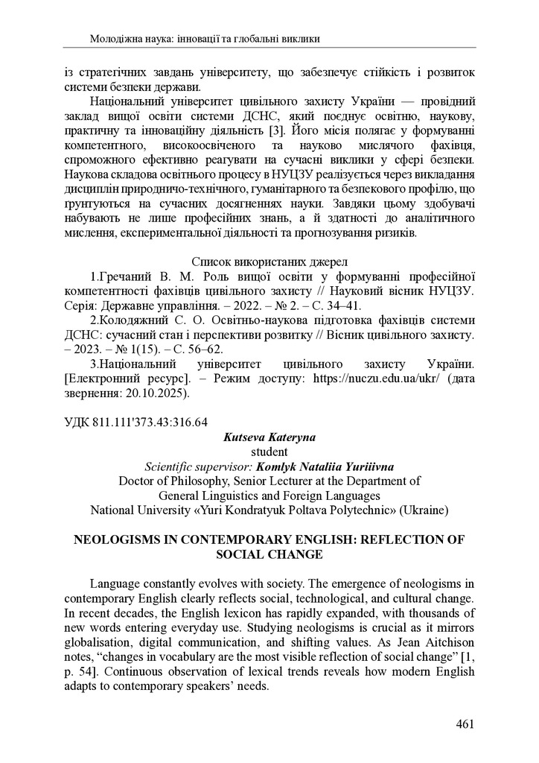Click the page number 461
click(x=465, y=724)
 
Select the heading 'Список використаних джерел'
click(x=269, y=262)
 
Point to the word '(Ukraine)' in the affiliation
click(x=421, y=510)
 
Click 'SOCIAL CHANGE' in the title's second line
click(x=269, y=554)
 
